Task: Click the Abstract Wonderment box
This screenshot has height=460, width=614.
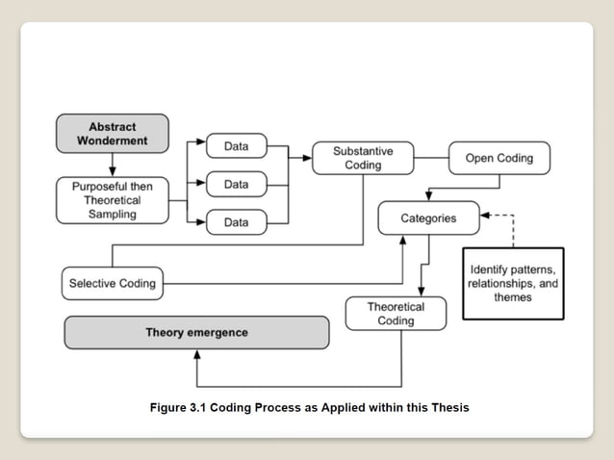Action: [x=112, y=134]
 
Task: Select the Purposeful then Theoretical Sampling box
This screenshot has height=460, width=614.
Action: [x=112, y=200]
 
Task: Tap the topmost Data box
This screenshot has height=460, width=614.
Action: [x=236, y=146]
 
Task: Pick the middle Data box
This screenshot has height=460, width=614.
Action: [x=236, y=184]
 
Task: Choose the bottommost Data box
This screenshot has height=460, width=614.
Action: [x=236, y=222]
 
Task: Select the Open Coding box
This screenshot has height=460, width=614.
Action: [x=499, y=158]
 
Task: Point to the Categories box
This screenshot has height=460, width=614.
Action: [x=428, y=218]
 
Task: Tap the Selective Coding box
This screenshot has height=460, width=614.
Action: [x=112, y=284]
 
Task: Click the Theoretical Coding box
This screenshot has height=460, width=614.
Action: [x=396, y=314]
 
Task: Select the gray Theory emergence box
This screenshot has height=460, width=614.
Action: [x=196, y=332]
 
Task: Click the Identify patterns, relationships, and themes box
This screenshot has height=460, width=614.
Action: [x=512, y=284]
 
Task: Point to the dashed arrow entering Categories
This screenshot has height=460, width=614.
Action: [x=499, y=217]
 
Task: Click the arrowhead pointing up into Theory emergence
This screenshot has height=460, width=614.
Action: [x=197, y=353]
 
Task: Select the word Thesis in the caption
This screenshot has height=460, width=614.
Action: [x=448, y=407]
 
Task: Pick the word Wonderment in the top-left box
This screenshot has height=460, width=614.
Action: [x=112, y=141]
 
